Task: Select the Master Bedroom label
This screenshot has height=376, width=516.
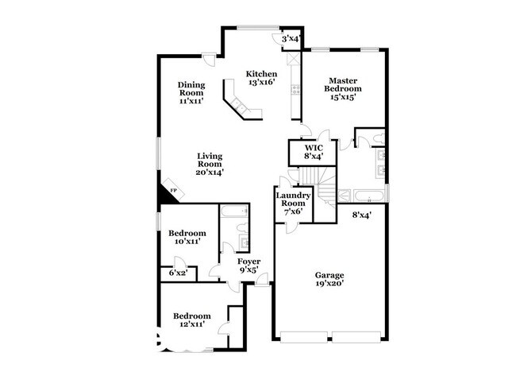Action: pyautogui.click(x=344, y=84)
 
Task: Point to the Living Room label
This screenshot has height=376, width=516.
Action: pyautogui.click(x=210, y=163)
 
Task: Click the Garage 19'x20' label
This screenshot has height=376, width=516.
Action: pyautogui.click(x=328, y=280)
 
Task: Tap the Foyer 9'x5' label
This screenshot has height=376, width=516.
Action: pyautogui.click(x=249, y=265)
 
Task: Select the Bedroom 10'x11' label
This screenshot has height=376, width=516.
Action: pyautogui.click(x=187, y=237)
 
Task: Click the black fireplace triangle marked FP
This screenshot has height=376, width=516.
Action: pyautogui.click(x=169, y=193)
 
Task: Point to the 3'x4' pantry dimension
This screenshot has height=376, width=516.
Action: pyautogui.click(x=291, y=38)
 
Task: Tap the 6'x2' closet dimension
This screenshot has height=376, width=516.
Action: pyautogui.click(x=178, y=273)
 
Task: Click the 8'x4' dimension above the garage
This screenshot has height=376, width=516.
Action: pyautogui.click(x=363, y=214)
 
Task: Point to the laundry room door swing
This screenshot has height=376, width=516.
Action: pyautogui.click(x=293, y=225)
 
